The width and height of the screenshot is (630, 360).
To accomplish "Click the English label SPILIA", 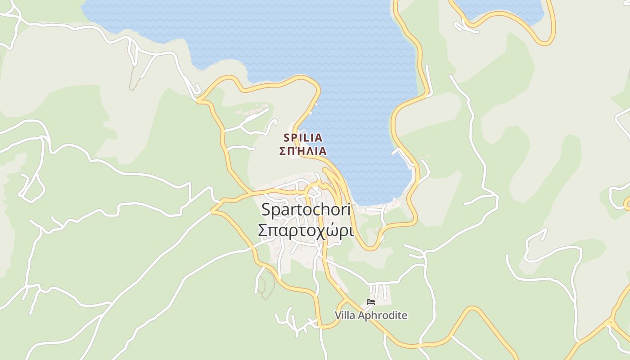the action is [303, 138].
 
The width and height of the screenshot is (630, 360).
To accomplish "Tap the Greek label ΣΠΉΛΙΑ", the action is [303, 151].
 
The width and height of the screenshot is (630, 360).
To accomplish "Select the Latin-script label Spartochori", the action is [306, 209].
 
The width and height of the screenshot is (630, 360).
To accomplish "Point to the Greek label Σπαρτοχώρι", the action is [306, 230].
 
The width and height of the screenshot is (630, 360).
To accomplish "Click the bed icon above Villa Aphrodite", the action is [371, 302].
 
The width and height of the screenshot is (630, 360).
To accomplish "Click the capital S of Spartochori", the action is [266, 209].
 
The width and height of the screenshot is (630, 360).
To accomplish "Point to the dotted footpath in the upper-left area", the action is [132, 79].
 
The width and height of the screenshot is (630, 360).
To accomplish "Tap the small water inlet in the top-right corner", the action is [499, 9].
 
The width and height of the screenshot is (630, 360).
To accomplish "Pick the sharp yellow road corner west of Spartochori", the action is [212, 210].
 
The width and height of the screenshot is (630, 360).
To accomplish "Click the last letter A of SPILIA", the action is [319, 138].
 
